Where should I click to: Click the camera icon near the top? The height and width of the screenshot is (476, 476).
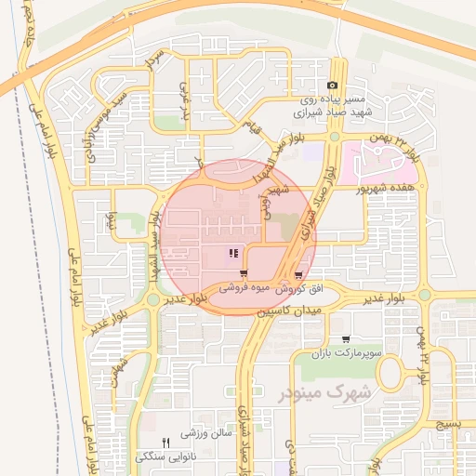click(x=333, y=86)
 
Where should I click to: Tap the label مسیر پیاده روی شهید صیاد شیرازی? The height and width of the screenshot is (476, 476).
click(x=333, y=104)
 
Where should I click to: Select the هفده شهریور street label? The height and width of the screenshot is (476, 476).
click(x=389, y=188)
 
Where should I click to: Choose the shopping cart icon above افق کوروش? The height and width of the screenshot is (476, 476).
click(x=297, y=275)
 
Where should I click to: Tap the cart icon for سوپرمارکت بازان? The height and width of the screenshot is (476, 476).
click(x=347, y=339)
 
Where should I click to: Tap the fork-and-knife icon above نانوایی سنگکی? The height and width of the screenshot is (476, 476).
click(x=166, y=442)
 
